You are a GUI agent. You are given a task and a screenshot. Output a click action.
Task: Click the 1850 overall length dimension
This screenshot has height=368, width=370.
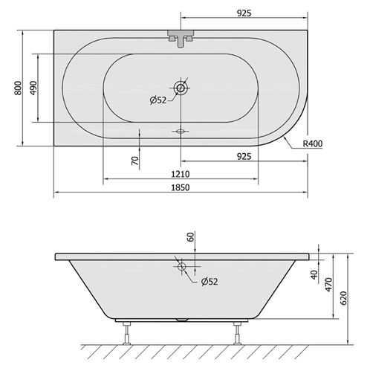[181, 187]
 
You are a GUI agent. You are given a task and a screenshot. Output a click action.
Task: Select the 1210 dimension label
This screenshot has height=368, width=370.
[181, 174]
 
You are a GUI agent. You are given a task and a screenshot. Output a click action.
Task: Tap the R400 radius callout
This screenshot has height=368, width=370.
[313, 143]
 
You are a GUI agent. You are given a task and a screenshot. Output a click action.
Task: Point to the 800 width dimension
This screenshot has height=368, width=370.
[18, 88]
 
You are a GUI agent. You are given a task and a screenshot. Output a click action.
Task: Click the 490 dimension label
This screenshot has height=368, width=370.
[33, 88]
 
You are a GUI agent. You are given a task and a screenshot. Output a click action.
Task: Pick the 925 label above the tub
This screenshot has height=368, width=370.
[244, 13]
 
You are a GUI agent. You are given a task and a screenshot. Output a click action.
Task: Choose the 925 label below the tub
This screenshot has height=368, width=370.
[244, 157]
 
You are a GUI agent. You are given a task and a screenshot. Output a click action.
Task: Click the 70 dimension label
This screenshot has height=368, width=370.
[134, 161]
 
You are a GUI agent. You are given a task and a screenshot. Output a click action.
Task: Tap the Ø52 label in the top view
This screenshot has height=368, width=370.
[158, 100]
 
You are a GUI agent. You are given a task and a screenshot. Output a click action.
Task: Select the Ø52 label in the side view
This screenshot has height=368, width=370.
[210, 282]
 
